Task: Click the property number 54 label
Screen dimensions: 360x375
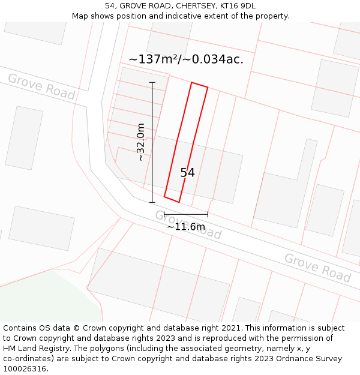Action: [187, 173]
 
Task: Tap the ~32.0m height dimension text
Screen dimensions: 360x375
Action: [140, 142]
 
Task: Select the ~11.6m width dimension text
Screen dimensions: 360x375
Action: [186, 227]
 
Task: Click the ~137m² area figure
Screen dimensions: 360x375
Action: [153, 59]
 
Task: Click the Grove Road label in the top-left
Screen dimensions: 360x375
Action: [41, 87]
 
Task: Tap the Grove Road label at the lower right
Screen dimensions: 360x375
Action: [317, 268]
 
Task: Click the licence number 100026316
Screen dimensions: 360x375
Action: [26, 369]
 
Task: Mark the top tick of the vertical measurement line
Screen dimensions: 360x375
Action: [152, 82]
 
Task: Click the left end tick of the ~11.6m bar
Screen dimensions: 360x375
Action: [164, 214]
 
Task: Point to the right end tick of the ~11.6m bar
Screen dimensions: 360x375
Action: [208, 214]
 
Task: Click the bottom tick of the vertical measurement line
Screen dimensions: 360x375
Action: [152, 202]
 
